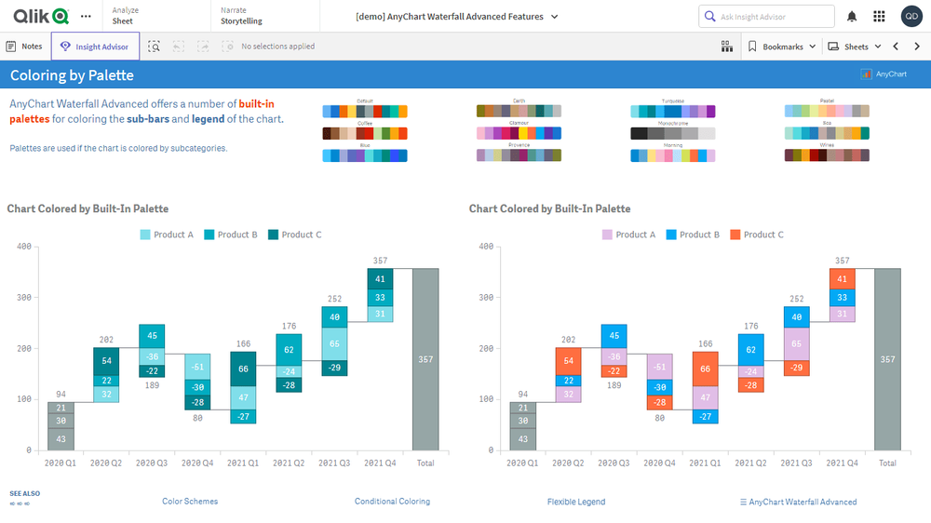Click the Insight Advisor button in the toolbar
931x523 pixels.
(96, 47)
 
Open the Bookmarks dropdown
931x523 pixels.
(782, 47)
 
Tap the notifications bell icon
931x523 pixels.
(852, 17)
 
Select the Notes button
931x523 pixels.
(24, 47)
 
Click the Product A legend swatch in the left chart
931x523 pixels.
(145, 235)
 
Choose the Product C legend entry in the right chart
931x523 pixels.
(757, 235)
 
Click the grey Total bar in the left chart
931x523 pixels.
(425, 359)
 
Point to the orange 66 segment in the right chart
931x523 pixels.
(705, 369)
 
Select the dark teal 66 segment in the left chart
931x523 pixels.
(243, 369)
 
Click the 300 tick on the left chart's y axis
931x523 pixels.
(24, 298)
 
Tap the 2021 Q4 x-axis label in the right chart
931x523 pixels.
(842, 463)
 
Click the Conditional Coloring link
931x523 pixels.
(392, 502)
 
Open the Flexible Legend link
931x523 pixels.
(576, 502)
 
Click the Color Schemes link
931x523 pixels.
(190, 502)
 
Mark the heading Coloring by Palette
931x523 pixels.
(72, 75)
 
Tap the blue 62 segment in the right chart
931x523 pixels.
(750, 350)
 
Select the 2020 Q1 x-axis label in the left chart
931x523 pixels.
(61, 463)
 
